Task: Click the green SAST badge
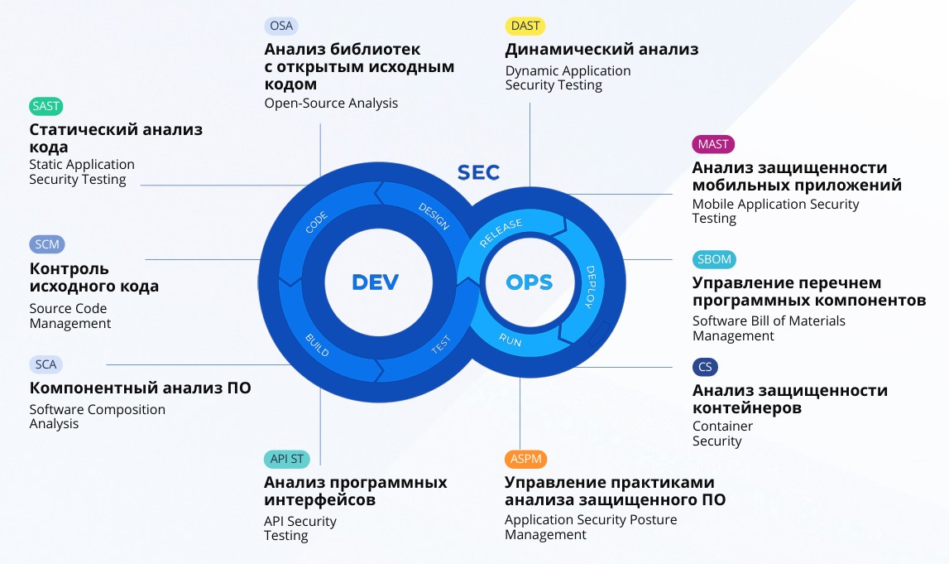[46, 106]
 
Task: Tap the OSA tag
[281, 26]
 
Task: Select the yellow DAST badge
[525, 26]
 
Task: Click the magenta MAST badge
[713, 144]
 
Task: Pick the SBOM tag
[714, 259]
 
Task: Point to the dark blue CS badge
[705, 366]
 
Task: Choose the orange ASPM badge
[525, 459]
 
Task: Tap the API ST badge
[287, 459]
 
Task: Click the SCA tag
[46, 364]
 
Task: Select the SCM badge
[47, 244]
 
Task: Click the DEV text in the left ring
[375, 282]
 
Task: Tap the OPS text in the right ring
[529, 283]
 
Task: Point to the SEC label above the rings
[478, 172]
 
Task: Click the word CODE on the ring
[317, 223]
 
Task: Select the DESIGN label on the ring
[434, 216]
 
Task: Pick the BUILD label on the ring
[317, 345]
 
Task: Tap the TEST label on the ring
[441, 345]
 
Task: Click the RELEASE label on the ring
[501, 234]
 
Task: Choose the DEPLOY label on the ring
[590, 287]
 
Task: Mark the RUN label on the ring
[510, 339]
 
